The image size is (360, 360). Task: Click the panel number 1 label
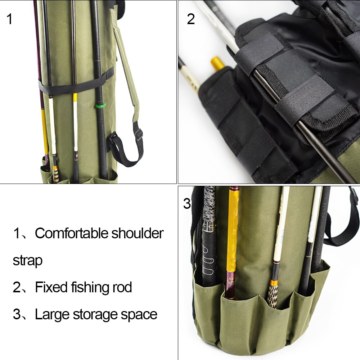click(x=9, y=19)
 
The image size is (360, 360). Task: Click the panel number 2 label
click(x=190, y=19)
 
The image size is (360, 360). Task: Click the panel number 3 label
click(x=187, y=204)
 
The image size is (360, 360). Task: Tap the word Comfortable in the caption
click(x=71, y=233)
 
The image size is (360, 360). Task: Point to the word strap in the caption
click(x=27, y=260)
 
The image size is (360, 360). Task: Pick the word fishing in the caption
click(x=87, y=287)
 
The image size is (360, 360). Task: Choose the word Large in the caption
click(x=52, y=314)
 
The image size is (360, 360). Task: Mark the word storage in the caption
click(x=96, y=314)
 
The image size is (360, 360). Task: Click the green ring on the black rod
click(x=100, y=106)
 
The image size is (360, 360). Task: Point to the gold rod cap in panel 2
click(x=217, y=63)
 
